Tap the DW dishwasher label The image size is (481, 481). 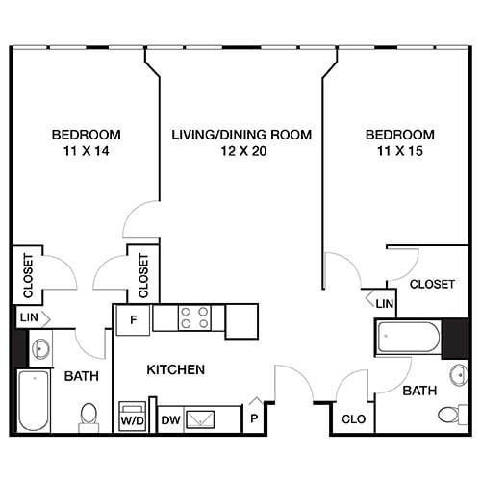170,419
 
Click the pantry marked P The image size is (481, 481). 253,419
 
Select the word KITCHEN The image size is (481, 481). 175,369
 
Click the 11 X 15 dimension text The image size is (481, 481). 398,151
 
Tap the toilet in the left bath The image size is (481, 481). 89,415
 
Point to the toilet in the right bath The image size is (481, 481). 450,415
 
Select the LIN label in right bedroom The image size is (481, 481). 384,304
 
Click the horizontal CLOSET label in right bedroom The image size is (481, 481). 432,284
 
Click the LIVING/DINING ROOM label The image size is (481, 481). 241,135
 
